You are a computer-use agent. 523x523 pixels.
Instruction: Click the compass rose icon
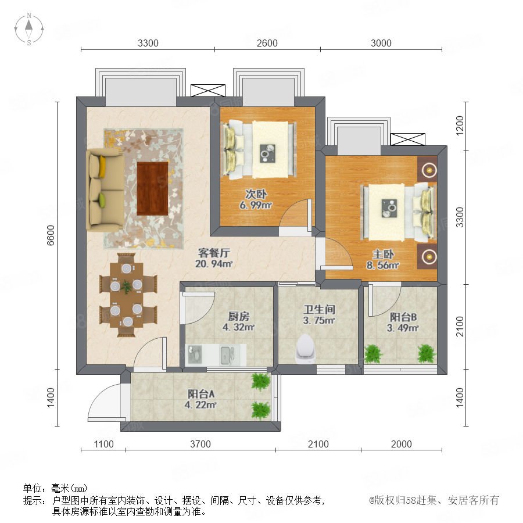(29, 29)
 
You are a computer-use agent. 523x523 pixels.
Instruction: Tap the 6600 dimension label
(51, 235)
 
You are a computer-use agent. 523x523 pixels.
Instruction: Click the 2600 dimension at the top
(267, 43)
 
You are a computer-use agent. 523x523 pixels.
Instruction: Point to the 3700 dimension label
(200, 444)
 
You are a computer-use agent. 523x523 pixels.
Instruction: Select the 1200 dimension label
(460, 126)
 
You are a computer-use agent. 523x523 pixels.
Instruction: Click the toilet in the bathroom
(305, 349)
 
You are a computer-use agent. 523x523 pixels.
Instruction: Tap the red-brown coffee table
(152, 189)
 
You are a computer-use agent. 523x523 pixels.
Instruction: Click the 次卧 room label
(256, 194)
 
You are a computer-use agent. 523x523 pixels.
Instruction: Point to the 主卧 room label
(384, 254)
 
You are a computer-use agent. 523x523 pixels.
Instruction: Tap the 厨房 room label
(238, 316)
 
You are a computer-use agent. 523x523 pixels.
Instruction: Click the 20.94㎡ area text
(214, 264)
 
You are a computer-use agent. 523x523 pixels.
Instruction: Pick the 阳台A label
(201, 394)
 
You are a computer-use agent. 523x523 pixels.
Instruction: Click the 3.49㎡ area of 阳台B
(403, 328)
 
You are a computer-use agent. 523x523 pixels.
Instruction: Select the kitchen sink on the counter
(227, 355)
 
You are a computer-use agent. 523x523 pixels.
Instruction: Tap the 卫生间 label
(319, 309)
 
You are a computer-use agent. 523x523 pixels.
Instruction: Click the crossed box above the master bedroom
(407, 139)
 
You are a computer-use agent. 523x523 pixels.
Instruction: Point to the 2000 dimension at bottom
(401, 444)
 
